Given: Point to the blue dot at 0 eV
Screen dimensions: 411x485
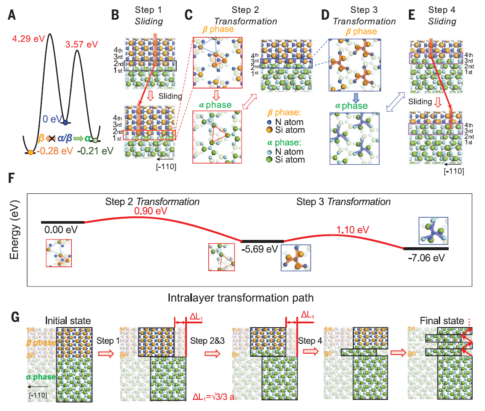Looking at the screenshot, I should pyautogui.click(x=65, y=123).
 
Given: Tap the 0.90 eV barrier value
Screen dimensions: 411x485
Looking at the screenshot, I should pyautogui.click(x=151, y=211).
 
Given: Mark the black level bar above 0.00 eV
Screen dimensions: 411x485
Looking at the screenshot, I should pyautogui.click(x=62, y=222).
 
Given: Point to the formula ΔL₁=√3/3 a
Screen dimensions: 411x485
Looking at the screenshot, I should pyautogui.click(x=216, y=396).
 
